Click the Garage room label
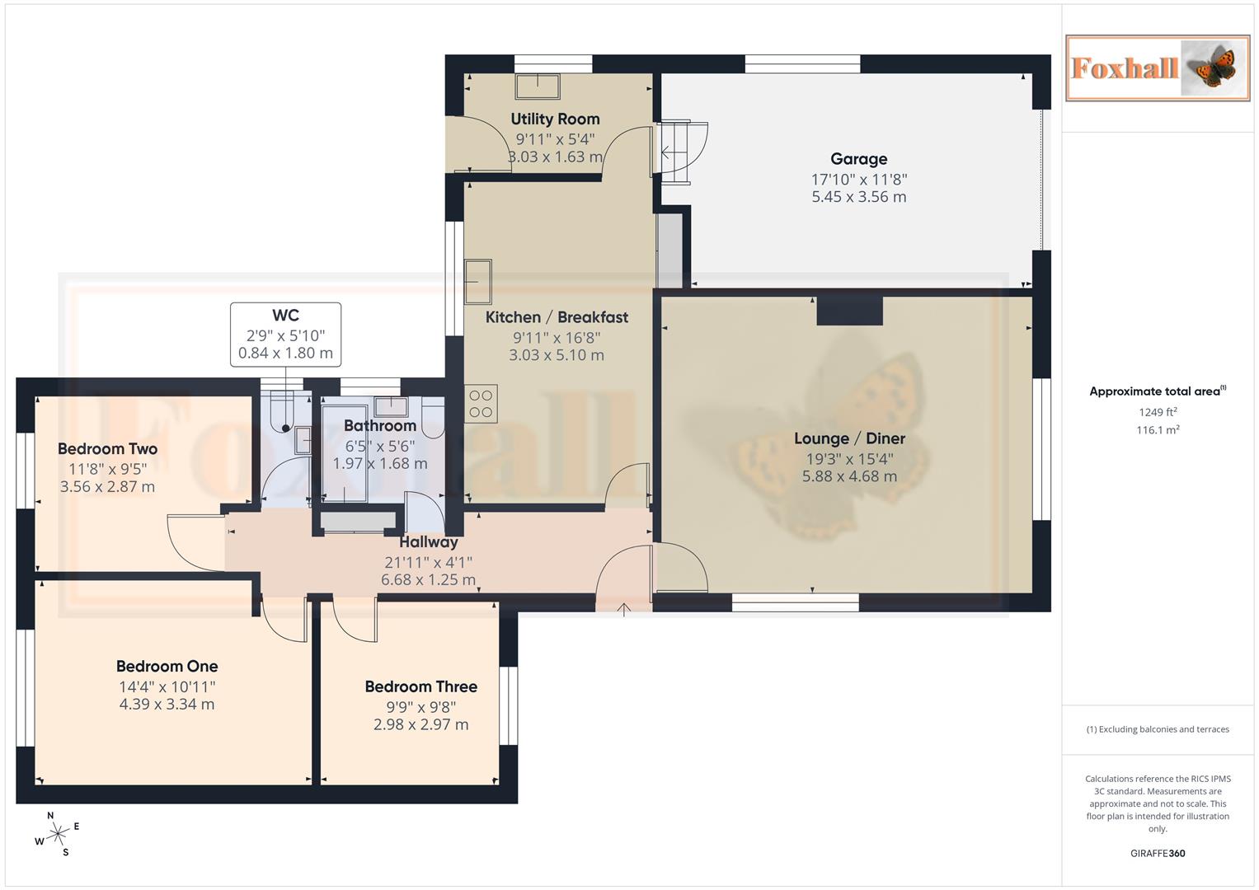(858, 159)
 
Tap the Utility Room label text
(555, 119)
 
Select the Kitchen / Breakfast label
(557, 317)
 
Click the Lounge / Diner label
(849, 438)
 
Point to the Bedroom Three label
(420, 686)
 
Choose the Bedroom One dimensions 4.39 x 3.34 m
(167, 705)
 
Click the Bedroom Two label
(107, 449)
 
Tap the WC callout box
(285, 335)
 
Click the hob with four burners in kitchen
(481, 404)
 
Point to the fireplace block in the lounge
(849, 311)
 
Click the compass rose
(57, 835)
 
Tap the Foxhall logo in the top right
(1157, 68)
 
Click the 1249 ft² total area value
(1158, 412)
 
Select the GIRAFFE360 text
(1158, 854)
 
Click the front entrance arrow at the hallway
(624, 610)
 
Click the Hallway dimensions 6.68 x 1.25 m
(428, 580)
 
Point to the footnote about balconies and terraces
(1158, 729)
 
